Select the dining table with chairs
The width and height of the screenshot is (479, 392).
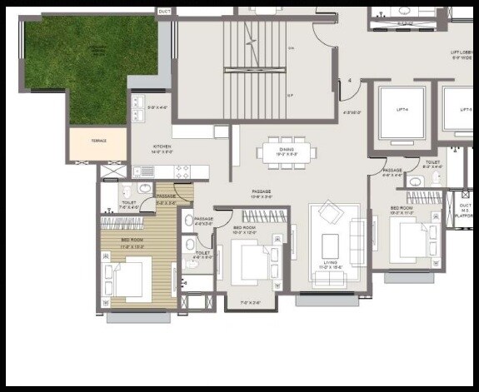click(x=287, y=151)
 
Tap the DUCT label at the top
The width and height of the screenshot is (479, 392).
click(x=164, y=12)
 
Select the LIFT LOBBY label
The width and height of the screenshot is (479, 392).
click(x=462, y=55)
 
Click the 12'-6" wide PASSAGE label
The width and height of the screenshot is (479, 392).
click(x=262, y=194)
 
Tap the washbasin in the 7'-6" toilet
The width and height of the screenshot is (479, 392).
click(x=145, y=188)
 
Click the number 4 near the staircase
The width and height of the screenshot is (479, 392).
click(x=350, y=81)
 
